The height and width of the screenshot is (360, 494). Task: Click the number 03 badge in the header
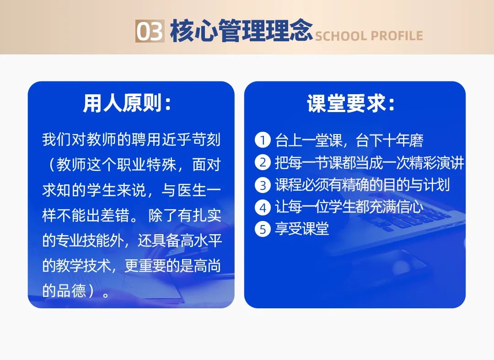[150, 31]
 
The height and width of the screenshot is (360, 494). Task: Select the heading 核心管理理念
[241, 31]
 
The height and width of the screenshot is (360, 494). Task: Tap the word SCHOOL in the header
[341, 36]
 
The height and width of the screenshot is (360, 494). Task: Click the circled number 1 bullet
[263, 140]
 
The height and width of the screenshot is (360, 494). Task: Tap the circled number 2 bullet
[263, 162]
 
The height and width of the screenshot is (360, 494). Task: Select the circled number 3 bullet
[263, 185]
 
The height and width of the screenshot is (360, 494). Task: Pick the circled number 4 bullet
[263, 208]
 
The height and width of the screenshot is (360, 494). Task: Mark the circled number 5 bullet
[263, 229]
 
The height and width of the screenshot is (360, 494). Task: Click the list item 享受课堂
[302, 229]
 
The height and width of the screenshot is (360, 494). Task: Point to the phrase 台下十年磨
[389, 140]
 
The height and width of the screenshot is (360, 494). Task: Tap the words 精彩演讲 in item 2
[437, 162]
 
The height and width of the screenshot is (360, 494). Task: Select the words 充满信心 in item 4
[396, 207]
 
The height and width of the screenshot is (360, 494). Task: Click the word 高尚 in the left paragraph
[207, 265]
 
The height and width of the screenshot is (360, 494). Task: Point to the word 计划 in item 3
[437, 185]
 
